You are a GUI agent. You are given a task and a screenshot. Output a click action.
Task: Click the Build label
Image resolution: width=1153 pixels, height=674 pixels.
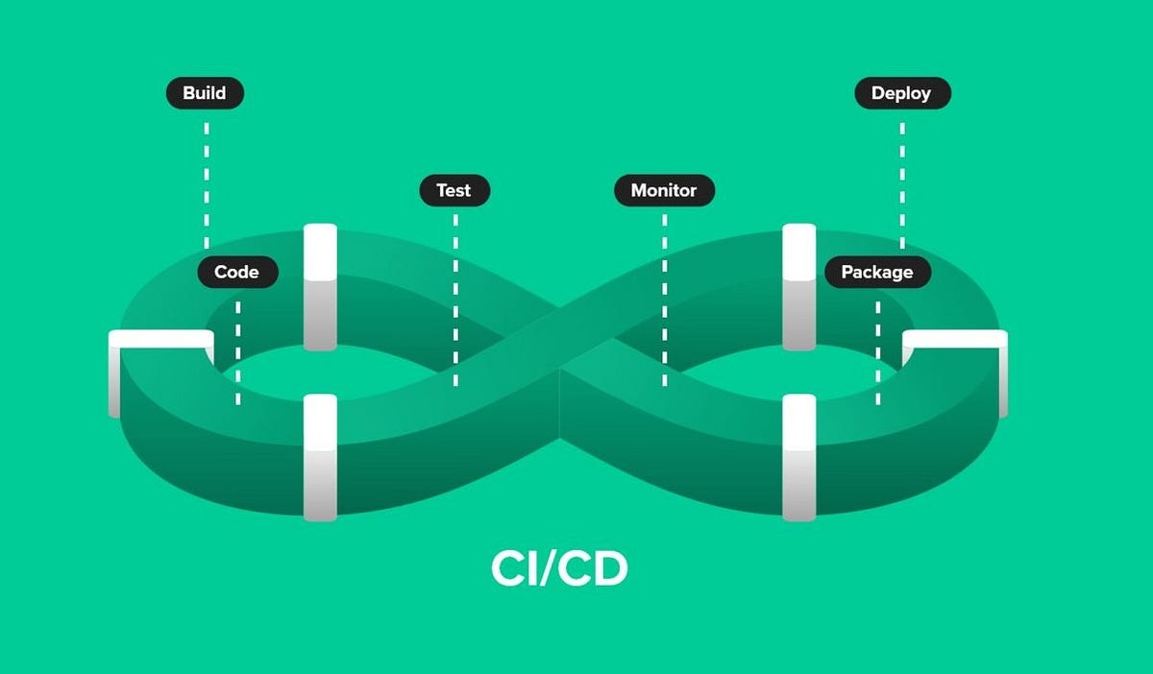click(204, 93)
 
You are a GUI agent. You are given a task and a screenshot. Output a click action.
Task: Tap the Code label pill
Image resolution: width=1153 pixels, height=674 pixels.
click(237, 272)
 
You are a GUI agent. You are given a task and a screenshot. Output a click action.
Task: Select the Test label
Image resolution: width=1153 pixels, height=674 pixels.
click(454, 190)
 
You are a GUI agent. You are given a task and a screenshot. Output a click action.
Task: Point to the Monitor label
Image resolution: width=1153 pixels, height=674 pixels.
click(664, 190)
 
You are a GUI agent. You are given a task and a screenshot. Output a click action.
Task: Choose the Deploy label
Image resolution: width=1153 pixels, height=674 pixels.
click(901, 93)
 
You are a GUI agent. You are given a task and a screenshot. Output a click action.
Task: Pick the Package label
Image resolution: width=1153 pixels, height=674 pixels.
click(877, 272)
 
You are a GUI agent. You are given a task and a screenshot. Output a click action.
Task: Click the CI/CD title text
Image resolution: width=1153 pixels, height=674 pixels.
click(559, 568)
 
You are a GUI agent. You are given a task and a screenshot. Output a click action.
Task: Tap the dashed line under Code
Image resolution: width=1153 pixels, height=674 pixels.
click(238, 346)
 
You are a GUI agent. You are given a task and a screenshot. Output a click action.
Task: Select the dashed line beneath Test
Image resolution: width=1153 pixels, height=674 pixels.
click(455, 298)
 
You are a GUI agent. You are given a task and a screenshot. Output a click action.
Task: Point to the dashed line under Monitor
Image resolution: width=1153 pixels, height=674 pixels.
click(664, 298)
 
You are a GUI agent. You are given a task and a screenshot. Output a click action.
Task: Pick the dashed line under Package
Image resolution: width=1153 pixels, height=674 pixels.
click(878, 350)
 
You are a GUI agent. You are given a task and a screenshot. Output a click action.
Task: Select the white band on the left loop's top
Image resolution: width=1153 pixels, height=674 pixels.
click(320, 286)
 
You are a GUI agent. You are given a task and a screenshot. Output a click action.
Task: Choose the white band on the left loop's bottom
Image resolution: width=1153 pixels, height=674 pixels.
click(320, 456)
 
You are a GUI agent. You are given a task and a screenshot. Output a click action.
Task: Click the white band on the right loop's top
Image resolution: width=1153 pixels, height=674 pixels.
click(799, 286)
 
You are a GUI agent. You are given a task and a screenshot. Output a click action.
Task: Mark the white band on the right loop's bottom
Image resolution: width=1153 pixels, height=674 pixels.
click(799, 456)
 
